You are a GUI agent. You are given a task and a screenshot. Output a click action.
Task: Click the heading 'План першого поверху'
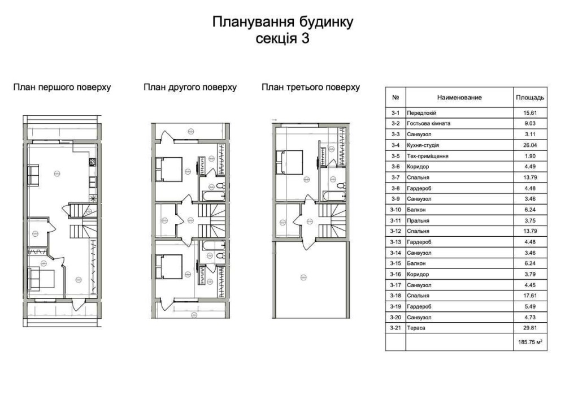click(x=62, y=87)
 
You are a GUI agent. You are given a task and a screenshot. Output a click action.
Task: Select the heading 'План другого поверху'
click(x=190, y=87)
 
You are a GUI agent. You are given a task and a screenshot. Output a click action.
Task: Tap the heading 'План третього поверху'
click(x=311, y=87)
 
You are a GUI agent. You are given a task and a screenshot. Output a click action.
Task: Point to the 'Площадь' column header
click(x=530, y=97)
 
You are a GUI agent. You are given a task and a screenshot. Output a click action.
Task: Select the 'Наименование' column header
click(x=459, y=97)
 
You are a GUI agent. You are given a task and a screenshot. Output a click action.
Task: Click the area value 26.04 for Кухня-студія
click(x=530, y=145)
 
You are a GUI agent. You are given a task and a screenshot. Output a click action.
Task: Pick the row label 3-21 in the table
click(x=395, y=328)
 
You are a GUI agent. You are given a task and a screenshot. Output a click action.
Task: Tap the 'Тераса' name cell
click(x=416, y=328)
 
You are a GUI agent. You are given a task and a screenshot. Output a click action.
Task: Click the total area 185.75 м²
click(x=531, y=342)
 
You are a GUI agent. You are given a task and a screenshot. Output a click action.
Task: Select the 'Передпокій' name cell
click(x=421, y=113)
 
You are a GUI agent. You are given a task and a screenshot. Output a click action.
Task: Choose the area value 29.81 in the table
click(x=530, y=328)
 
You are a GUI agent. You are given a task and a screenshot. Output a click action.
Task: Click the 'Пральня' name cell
click(x=418, y=220)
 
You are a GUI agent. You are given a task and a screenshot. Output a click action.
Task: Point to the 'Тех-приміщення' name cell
click(x=427, y=156)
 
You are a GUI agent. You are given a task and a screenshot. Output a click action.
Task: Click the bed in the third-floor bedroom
click(x=289, y=162)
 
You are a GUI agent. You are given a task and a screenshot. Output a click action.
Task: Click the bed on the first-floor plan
click(x=41, y=279)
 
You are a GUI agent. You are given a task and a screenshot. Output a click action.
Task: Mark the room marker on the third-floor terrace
click(x=303, y=277)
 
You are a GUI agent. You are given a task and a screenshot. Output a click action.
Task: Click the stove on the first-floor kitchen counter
click(x=93, y=162)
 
